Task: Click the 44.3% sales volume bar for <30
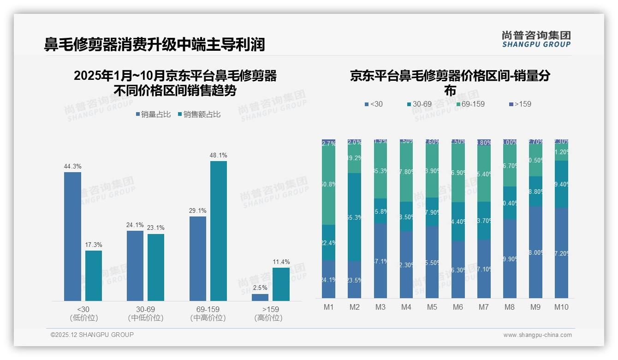pos(72,236)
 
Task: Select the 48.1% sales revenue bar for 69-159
pos(219,231)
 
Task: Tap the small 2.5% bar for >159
pos(260,298)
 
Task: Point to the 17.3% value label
pos(94,245)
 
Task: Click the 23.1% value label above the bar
pos(156,228)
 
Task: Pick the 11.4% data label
pos(281,262)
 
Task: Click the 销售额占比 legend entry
pos(199,114)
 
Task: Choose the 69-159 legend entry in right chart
pos(470,104)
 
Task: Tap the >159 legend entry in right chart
pos(520,104)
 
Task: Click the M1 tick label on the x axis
pos(329,307)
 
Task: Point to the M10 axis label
pos(561,307)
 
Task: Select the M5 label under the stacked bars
pos(432,307)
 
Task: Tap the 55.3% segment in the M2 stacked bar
pos(355,217)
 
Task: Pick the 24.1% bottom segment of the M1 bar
pos(329,279)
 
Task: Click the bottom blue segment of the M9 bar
pos(535,252)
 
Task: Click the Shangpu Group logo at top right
pos(536,39)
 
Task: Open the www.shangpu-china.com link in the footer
pos(537,335)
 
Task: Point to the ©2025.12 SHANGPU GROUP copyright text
pos(92,335)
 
